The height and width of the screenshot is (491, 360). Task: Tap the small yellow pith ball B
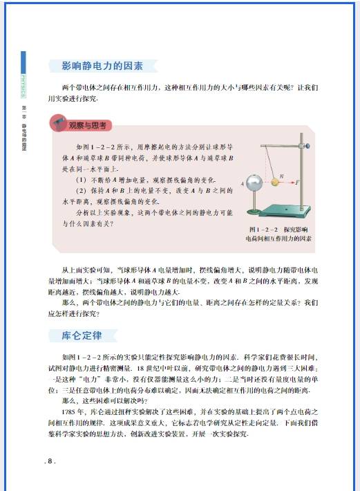pos(283,183)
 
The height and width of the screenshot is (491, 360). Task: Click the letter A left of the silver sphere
pos(243,183)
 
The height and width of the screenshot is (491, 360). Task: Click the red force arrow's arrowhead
pos(293,183)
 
